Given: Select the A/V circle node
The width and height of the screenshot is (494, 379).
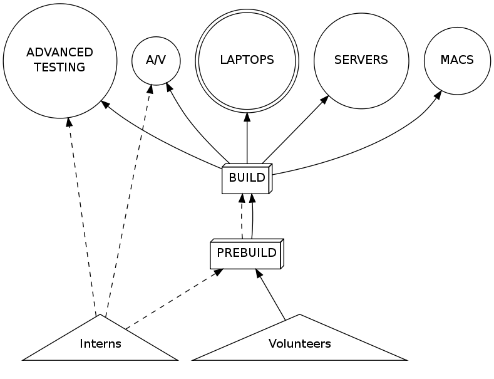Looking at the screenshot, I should click(x=156, y=61).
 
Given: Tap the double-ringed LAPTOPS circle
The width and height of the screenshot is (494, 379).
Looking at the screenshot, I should click(x=247, y=61).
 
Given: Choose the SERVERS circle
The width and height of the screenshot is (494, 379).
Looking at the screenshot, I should click(x=361, y=61).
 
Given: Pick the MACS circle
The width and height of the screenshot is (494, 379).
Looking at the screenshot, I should click(x=456, y=61).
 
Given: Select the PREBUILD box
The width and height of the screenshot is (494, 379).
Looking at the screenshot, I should click(x=246, y=254).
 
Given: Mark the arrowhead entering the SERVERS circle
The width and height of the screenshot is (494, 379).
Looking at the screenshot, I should click(x=325, y=100).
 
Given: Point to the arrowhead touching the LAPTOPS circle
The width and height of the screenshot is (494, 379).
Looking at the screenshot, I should click(x=247, y=117).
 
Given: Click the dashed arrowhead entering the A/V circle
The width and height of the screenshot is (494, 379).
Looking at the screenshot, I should click(x=150, y=88).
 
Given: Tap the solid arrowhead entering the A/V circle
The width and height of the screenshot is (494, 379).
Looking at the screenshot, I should click(x=169, y=86).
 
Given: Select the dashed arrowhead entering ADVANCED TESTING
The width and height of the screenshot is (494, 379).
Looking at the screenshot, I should click(x=68, y=122).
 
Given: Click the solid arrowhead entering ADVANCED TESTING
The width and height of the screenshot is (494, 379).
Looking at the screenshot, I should click(x=105, y=103).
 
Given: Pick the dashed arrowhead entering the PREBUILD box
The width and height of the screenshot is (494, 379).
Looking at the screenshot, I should click(x=217, y=273).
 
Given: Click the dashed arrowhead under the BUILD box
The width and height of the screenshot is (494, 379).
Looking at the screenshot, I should click(x=242, y=199).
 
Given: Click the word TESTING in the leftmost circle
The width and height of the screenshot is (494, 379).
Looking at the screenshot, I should click(x=59, y=68).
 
